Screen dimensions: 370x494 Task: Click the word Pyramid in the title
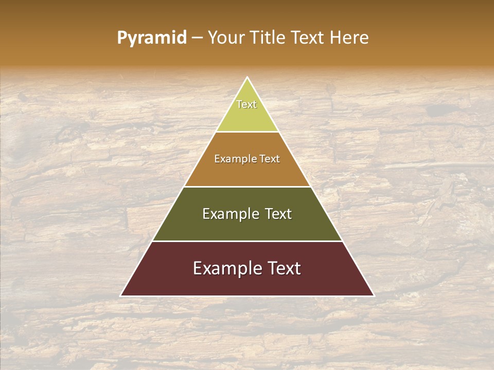pos(152,38)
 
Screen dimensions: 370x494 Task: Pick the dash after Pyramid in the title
pos(197,38)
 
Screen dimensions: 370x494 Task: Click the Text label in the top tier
pos(246,104)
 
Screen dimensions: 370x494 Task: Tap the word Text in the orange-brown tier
pos(269,159)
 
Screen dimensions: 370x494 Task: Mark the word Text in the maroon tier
pos(283,268)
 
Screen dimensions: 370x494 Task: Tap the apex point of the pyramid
pos(248,78)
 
